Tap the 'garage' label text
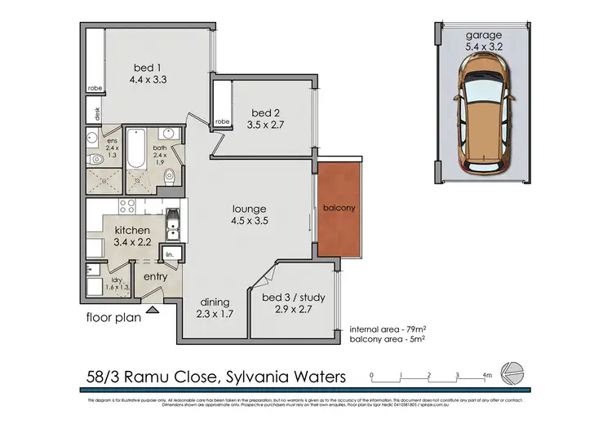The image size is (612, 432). [483, 36]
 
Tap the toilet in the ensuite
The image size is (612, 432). [95, 160]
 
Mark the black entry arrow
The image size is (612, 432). [153, 311]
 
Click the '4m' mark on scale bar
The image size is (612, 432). [486, 376]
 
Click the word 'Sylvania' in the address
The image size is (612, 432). [253, 377]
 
